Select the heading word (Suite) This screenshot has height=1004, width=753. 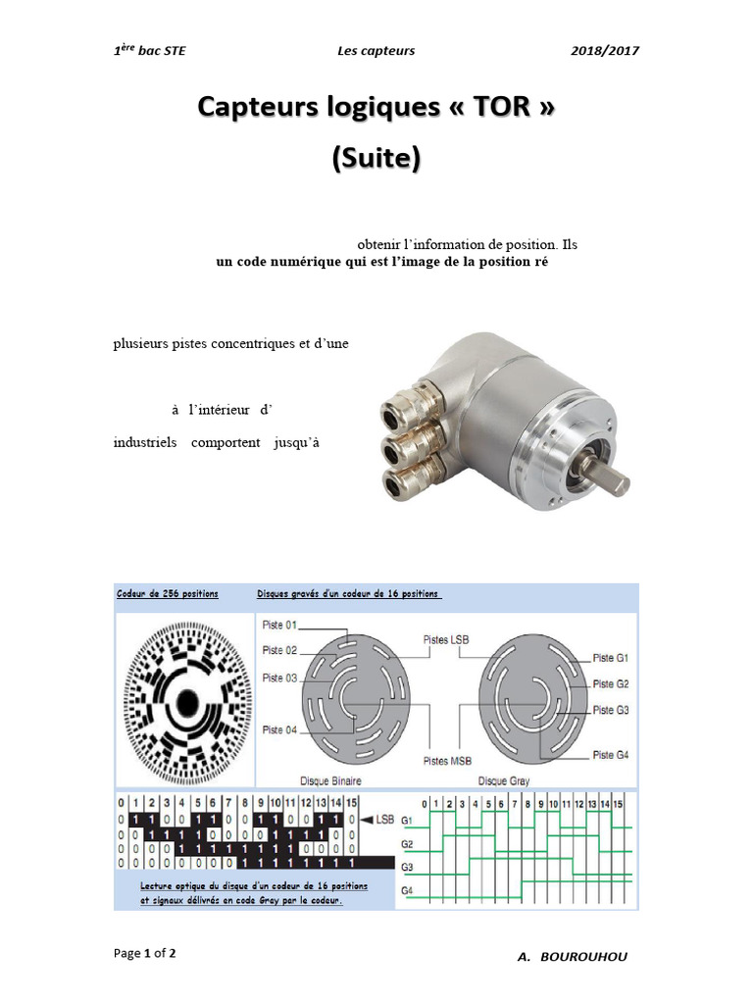click(376, 158)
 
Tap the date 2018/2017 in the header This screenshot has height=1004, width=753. click(605, 51)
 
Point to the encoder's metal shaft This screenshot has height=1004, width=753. click(608, 473)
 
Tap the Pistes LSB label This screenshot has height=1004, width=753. click(446, 639)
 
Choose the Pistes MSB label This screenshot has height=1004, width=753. click(446, 760)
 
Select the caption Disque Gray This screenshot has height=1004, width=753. click(506, 780)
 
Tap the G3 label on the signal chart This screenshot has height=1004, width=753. click(407, 868)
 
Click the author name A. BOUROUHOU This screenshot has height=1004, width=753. click(572, 957)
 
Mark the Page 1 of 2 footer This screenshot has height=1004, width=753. click(145, 952)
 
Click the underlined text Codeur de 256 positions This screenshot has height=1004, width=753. click(168, 594)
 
